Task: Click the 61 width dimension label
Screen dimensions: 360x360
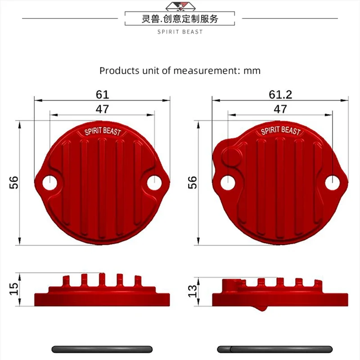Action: [x=102, y=94]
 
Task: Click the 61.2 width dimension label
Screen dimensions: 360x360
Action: [x=280, y=94]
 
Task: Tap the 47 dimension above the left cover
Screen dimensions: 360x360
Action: [x=102, y=109]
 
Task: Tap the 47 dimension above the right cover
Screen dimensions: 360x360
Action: [x=280, y=109]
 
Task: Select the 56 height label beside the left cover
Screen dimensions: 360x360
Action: [x=14, y=183]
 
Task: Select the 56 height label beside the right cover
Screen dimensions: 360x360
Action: [x=193, y=183]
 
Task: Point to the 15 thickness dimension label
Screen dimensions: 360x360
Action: [x=14, y=288]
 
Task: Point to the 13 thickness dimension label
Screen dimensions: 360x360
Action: [x=193, y=291]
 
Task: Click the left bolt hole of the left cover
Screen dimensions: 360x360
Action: [x=50, y=183]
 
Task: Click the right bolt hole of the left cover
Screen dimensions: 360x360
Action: [x=154, y=183]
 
